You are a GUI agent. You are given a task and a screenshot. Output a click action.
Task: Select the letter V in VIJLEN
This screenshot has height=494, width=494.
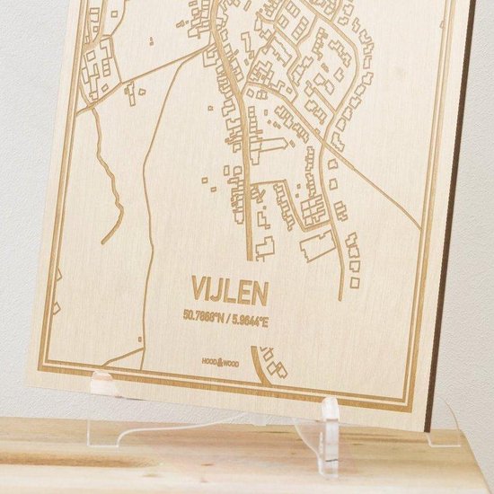(x=197, y=287)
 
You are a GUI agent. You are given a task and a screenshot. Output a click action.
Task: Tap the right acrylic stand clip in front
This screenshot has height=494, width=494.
(x=330, y=430)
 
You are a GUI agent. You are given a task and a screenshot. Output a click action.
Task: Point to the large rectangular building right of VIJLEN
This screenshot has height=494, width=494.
(x=316, y=243)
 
